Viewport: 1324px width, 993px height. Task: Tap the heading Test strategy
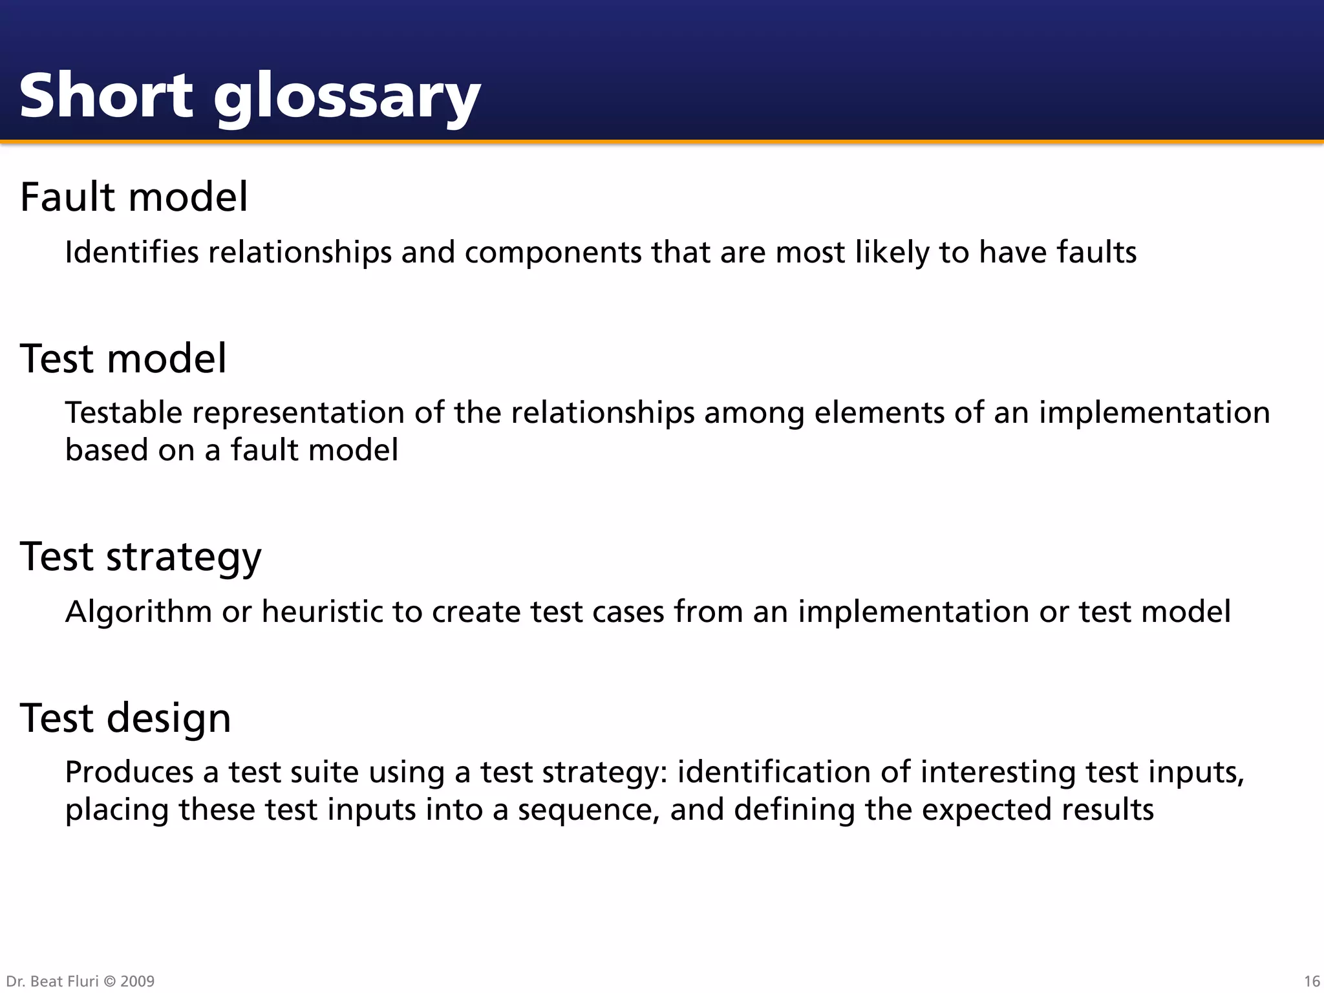click(140, 556)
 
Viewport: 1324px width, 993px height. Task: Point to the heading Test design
click(125, 718)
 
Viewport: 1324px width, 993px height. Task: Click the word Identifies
click(132, 252)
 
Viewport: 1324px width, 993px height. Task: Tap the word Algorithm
click(138, 612)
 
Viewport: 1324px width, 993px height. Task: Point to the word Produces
click(129, 773)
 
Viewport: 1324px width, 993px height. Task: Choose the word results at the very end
click(1110, 810)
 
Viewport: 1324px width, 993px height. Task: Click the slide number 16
click(1312, 981)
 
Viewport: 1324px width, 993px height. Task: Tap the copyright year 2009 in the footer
click(137, 981)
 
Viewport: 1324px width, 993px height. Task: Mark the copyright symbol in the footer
click(110, 981)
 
